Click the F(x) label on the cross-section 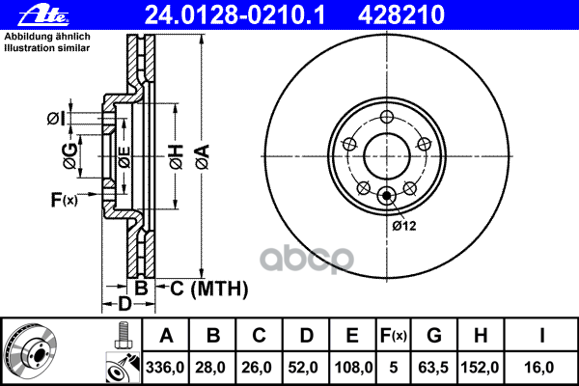pos(64,200)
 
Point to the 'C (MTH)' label pos(202,289)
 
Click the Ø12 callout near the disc pos(403,225)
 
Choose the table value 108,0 pos(353,368)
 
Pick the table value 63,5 pos(434,368)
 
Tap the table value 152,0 pos(480,368)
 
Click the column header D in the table pos(306,336)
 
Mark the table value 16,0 pos(541,368)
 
